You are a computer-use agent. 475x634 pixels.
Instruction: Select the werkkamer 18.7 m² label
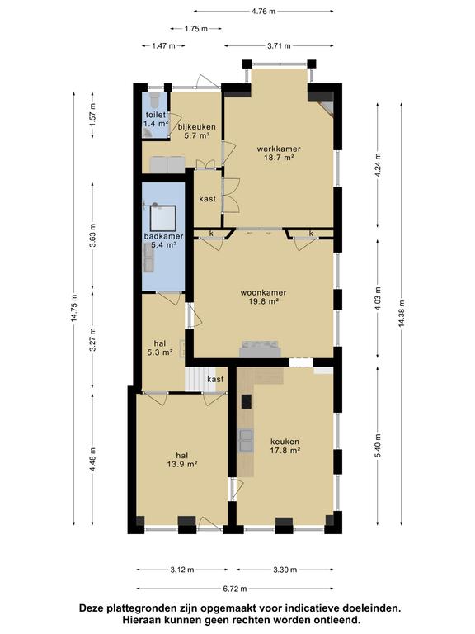(x=279, y=154)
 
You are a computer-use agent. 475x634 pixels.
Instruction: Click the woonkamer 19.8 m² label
(x=263, y=296)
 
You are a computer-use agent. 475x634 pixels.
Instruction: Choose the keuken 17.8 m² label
(x=285, y=446)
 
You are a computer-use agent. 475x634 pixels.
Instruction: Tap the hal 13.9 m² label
(x=181, y=460)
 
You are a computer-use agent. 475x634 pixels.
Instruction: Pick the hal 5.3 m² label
(x=160, y=348)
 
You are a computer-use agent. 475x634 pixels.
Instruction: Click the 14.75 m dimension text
(x=74, y=307)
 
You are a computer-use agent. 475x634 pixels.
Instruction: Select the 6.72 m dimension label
(x=235, y=589)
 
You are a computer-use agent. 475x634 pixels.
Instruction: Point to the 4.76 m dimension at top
(x=263, y=12)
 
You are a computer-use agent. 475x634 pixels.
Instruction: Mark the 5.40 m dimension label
(x=378, y=446)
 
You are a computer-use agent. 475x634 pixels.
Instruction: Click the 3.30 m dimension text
(x=285, y=570)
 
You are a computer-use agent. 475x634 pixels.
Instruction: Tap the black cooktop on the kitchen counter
(x=247, y=401)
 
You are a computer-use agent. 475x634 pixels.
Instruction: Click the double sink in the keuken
(x=246, y=440)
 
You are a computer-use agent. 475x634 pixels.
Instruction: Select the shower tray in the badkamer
(x=163, y=219)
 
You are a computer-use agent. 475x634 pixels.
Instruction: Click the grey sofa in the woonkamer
(x=260, y=349)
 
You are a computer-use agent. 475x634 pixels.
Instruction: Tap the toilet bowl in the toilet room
(x=155, y=99)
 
